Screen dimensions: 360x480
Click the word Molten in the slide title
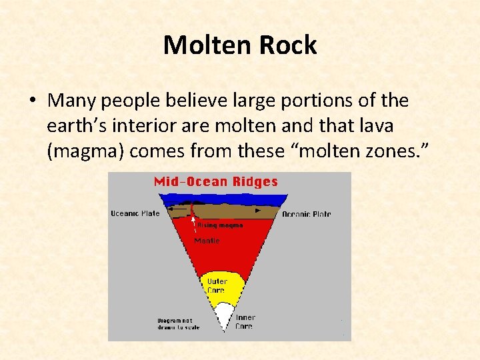(x=203, y=45)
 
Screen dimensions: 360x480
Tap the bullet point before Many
(x=32, y=101)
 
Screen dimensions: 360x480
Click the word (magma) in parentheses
(x=85, y=151)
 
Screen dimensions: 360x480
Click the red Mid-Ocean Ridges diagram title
(x=216, y=181)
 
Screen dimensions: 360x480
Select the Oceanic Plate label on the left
(x=135, y=213)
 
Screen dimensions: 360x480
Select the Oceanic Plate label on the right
(x=307, y=214)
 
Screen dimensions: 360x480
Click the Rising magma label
(x=219, y=225)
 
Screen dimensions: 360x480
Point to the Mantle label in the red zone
(x=207, y=241)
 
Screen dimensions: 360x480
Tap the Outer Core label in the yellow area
(x=216, y=286)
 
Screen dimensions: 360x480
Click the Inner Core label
(x=245, y=322)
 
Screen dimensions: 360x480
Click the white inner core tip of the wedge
(x=221, y=317)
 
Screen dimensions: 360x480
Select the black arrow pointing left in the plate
(x=175, y=209)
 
